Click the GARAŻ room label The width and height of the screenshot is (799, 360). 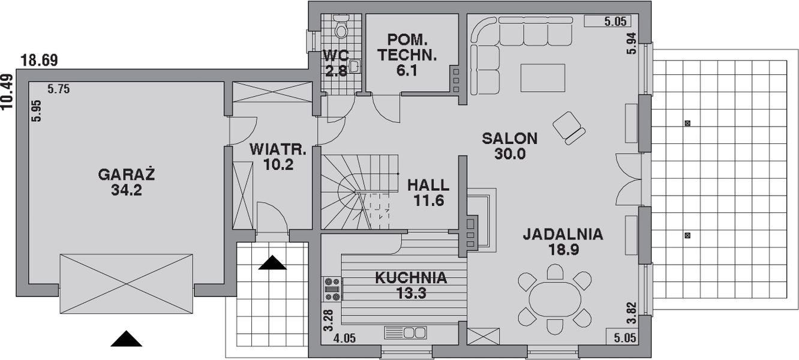click(127, 175)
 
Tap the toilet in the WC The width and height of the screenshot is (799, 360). click(341, 28)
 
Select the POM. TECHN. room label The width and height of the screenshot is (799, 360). click(408, 49)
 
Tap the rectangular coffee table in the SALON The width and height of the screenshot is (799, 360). click(543, 77)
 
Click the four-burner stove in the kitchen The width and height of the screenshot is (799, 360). click(332, 289)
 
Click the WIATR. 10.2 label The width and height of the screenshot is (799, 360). click(280, 156)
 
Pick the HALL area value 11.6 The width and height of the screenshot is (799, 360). click(428, 200)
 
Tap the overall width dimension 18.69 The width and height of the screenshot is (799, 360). click(39, 60)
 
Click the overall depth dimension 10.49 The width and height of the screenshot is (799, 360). click(7, 91)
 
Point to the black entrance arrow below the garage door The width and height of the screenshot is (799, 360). click(126, 339)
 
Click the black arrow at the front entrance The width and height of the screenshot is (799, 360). click(272, 262)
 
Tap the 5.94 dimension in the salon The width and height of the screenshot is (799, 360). click(630, 44)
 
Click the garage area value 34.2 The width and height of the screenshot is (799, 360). click(127, 191)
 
